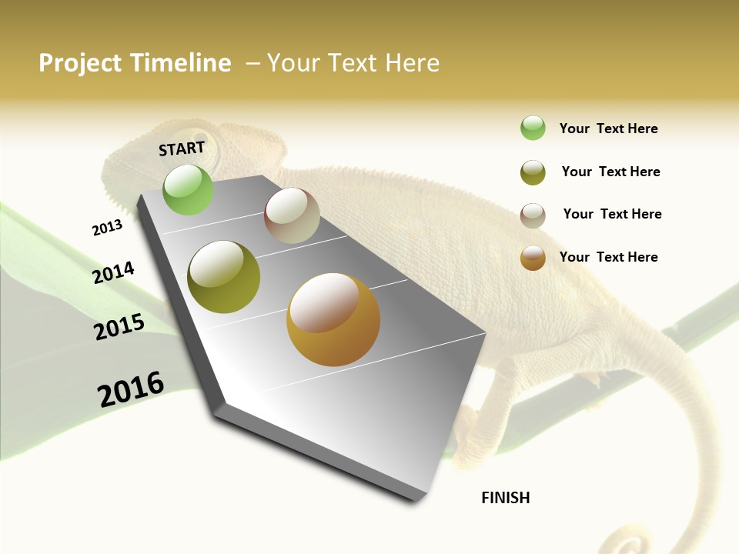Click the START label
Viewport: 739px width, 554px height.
(x=182, y=148)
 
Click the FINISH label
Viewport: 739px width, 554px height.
(x=505, y=498)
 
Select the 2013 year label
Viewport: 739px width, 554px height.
(x=107, y=228)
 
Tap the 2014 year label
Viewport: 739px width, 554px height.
(x=113, y=273)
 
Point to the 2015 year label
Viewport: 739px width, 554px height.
(x=119, y=327)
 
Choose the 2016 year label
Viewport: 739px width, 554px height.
(x=131, y=389)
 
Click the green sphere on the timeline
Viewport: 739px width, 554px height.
(x=189, y=189)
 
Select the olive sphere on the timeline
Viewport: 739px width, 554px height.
(x=224, y=277)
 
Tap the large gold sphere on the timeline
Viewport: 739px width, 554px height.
(x=333, y=319)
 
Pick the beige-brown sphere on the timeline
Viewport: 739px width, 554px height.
(x=292, y=215)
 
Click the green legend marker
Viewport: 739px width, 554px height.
(x=533, y=128)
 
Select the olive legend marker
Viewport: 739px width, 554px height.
(x=533, y=172)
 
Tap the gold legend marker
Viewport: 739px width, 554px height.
(x=533, y=258)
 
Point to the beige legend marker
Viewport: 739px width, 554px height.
(x=533, y=215)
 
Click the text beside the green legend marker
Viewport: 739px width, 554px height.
(x=608, y=128)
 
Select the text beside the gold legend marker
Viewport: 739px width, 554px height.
(x=608, y=257)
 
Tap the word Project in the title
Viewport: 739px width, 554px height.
(x=81, y=63)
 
